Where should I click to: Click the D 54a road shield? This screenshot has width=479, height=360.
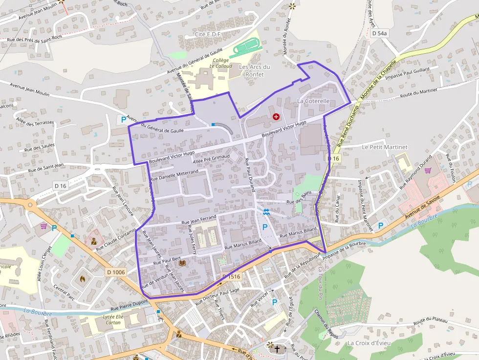[379, 33]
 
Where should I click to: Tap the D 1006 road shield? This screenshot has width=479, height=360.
[116, 272]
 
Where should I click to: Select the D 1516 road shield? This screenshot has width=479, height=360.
[232, 277]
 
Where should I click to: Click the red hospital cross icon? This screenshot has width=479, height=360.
[276, 117]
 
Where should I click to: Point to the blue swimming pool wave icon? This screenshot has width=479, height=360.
[266, 212]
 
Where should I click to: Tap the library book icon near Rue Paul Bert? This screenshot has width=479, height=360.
[182, 263]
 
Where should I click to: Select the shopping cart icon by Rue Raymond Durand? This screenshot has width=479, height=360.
[428, 170]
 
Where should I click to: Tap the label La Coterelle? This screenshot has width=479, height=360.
[313, 101]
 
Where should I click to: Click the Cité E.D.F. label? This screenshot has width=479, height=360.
[209, 35]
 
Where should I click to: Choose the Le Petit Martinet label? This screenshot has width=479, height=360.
[385, 147]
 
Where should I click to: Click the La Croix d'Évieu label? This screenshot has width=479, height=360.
[369, 343]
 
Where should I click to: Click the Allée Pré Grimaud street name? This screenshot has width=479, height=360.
[211, 158]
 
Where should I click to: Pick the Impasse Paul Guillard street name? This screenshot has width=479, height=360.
[407, 73]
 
